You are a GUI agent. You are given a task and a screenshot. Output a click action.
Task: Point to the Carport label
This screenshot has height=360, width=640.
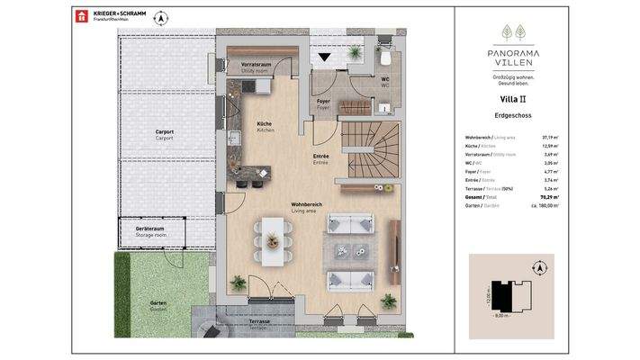[164, 134]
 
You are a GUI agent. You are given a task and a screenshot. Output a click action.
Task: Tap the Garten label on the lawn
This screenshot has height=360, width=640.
[158, 304]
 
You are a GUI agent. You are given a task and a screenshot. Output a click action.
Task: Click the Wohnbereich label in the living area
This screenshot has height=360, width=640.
[305, 206]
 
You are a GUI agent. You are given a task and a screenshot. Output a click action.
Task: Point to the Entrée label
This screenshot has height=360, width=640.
[320, 158]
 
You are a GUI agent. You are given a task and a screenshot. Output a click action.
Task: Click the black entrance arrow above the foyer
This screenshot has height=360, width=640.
[325, 59]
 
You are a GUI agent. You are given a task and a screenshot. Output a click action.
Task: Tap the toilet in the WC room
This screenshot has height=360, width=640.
[384, 59]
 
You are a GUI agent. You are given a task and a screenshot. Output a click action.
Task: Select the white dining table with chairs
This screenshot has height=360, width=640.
[271, 236]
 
